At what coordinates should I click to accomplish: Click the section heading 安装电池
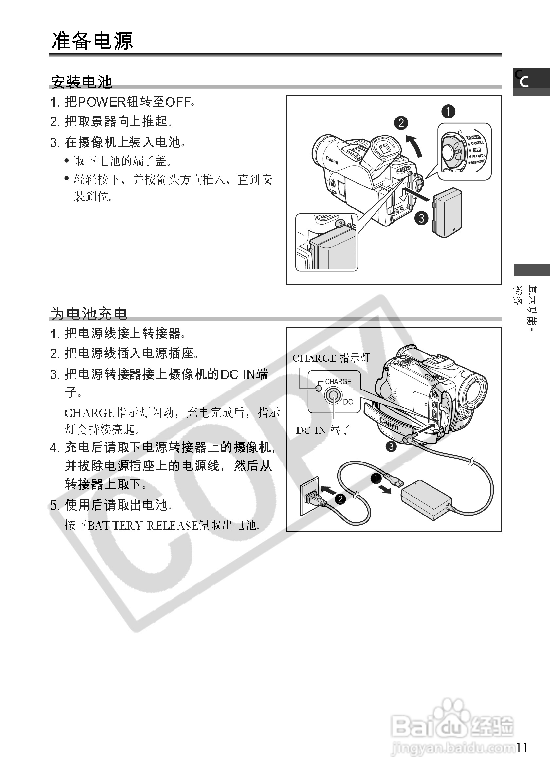point(82,82)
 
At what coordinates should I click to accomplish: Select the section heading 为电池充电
point(89,314)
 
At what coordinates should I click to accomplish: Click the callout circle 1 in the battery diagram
point(448,111)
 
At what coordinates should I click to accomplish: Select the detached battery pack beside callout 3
point(447,212)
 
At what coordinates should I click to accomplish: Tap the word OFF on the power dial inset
point(477,150)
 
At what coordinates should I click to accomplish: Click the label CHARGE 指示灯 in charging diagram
point(331,358)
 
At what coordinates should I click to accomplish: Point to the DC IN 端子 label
point(323,430)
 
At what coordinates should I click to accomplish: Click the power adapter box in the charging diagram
point(427,500)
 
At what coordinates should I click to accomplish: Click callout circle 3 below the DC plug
point(391,446)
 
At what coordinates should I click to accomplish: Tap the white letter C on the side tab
point(524,82)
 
